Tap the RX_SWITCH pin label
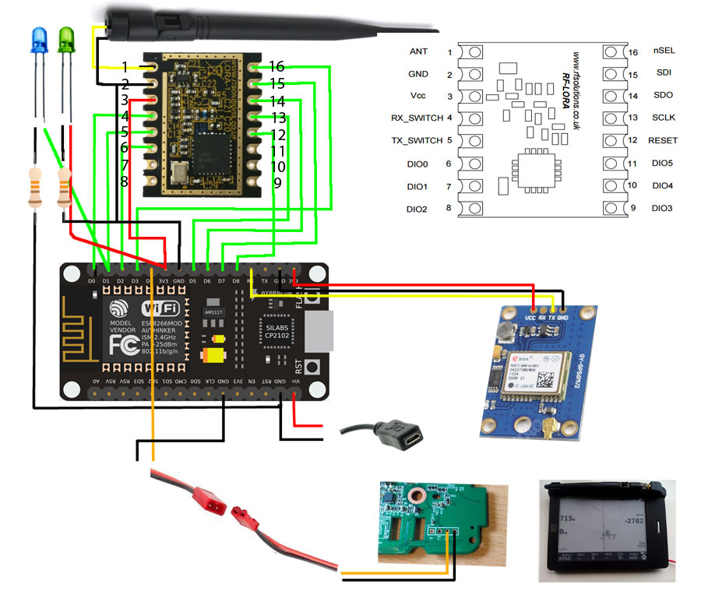(x=416, y=118)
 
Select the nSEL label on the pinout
(x=664, y=51)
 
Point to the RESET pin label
(x=662, y=141)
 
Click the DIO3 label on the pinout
(x=661, y=209)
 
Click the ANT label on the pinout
(x=418, y=51)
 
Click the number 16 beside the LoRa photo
(x=277, y=66)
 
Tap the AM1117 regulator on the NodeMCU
(x=212, y=312)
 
